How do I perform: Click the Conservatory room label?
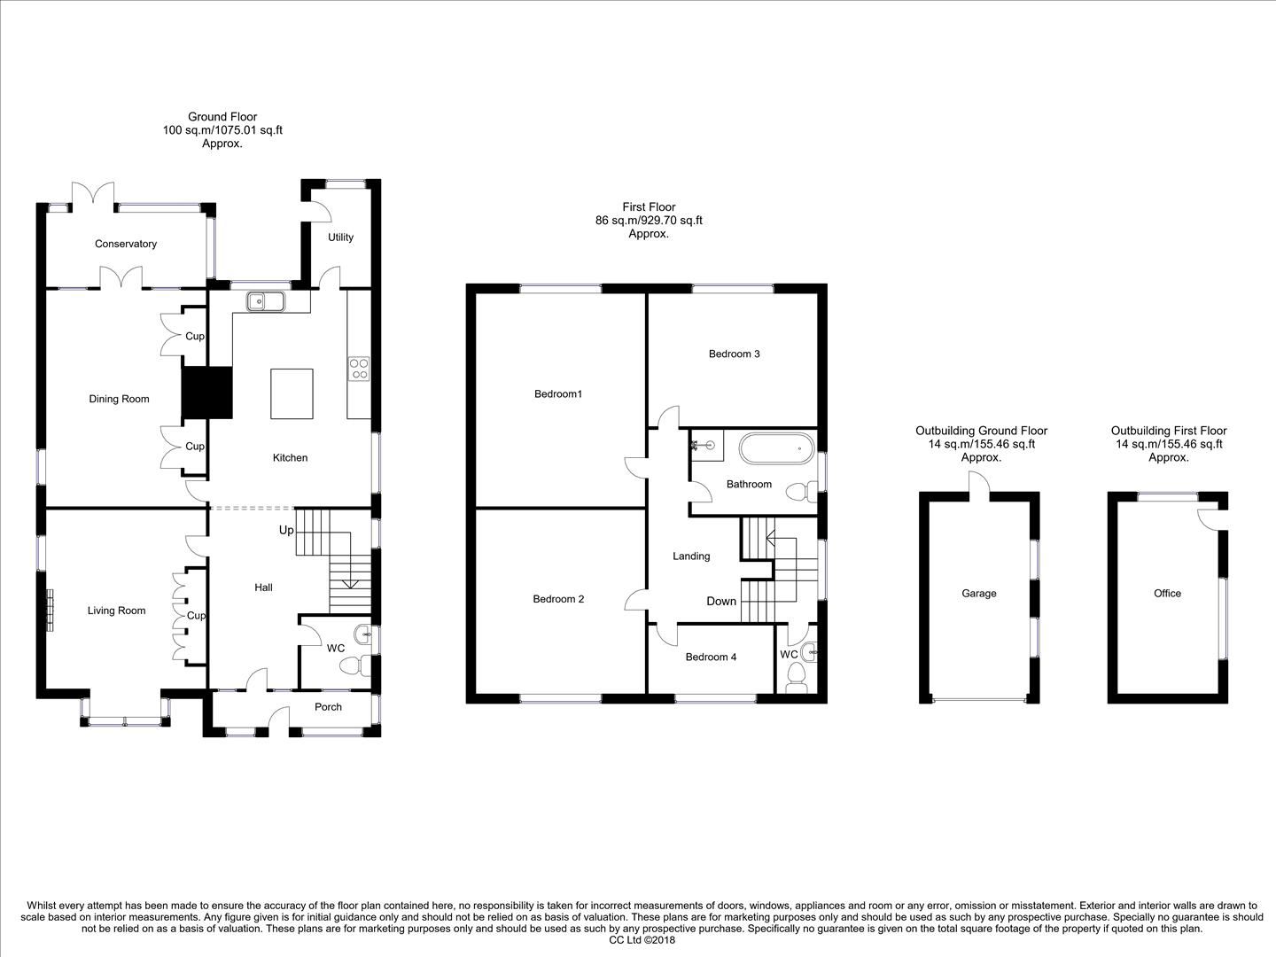tap(126, 244)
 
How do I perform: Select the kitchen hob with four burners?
tap(359, 368)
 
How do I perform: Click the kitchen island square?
tap(292, 394)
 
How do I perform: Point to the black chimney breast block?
tap(206, 393)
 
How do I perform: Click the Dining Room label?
tap(119, 399)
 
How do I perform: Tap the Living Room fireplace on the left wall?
tap(51, 611)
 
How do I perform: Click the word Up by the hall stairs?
tap(286, 530)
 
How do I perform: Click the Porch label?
tap(328, 706)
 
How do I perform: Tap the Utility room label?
tap(340, 237)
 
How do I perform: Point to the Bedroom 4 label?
tap(711, 657)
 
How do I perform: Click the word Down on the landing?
tap(721, 601)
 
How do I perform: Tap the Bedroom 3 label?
tap(734, 354)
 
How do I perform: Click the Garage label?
tap(979, 594)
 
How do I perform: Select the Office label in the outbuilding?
tap(1167, 594)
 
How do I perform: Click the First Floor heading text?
tap(649, 207)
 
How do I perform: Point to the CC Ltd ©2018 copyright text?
tap(642, 940)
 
